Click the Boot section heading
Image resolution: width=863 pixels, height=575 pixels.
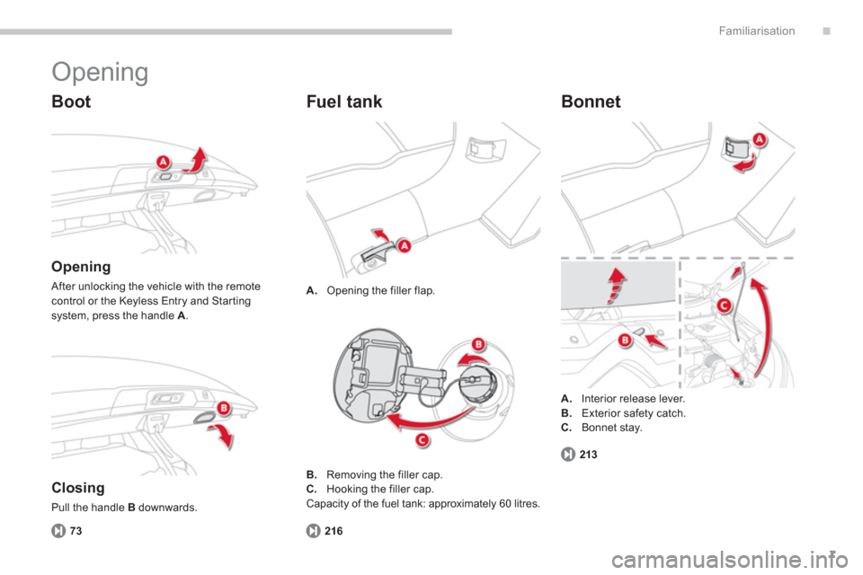pyautogui.click(x=71, y=102)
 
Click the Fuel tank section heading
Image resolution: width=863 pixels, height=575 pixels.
pyautogui.click(x=344, y=102)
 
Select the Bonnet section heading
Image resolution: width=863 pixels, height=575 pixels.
pyautogui.click(x=591, y=102)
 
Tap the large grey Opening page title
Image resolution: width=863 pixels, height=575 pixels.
pyautogui.click(x=100, y=72)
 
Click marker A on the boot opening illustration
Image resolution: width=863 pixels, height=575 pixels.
pyautogui.click(x=163, y=162)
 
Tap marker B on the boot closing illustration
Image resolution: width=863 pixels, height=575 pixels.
pyautogui.click(x=224, y=408)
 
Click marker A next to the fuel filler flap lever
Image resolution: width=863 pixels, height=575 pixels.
pyautogui.click(x=405, y=246)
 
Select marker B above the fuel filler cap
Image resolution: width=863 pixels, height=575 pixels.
pyautogui.click(x=479, y=344)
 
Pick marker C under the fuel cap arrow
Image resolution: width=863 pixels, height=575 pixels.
pyautogui.click(x=423, y=439)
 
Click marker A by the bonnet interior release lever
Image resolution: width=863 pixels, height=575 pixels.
pyautogui.click(x=759, y=139)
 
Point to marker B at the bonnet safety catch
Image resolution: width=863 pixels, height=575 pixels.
pyautogui.click(x=625, y=341)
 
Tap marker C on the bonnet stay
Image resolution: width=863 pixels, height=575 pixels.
pyautogui.click(x=724, y=305)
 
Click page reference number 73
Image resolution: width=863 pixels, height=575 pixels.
pyautogui.click(x=76, y=531)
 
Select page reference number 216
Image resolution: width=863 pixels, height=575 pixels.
pyautogui.click(x=334, y=531)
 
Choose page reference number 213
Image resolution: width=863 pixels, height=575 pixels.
pyautogui.click(x=588, y=455)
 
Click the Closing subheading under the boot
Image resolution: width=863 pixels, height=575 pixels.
pyautogui.click(x=77, y=488)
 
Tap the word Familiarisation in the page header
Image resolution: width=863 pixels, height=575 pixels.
pyautogui.click(x=757, y=31)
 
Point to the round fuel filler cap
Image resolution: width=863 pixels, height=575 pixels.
pyautogui.click(x=477, y=385)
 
